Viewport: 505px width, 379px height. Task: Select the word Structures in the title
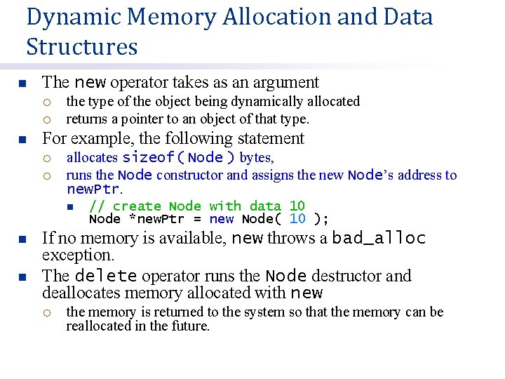click(82, 47)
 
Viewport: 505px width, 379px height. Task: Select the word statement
click(269, 138)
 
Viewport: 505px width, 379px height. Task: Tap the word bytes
click(256, 157)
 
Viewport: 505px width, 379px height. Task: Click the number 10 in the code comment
click(297, 206)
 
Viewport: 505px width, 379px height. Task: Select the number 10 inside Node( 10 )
click(297, 219)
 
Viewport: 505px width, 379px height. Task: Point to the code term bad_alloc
click(379, 239)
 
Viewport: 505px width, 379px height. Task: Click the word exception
click(78, 255)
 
